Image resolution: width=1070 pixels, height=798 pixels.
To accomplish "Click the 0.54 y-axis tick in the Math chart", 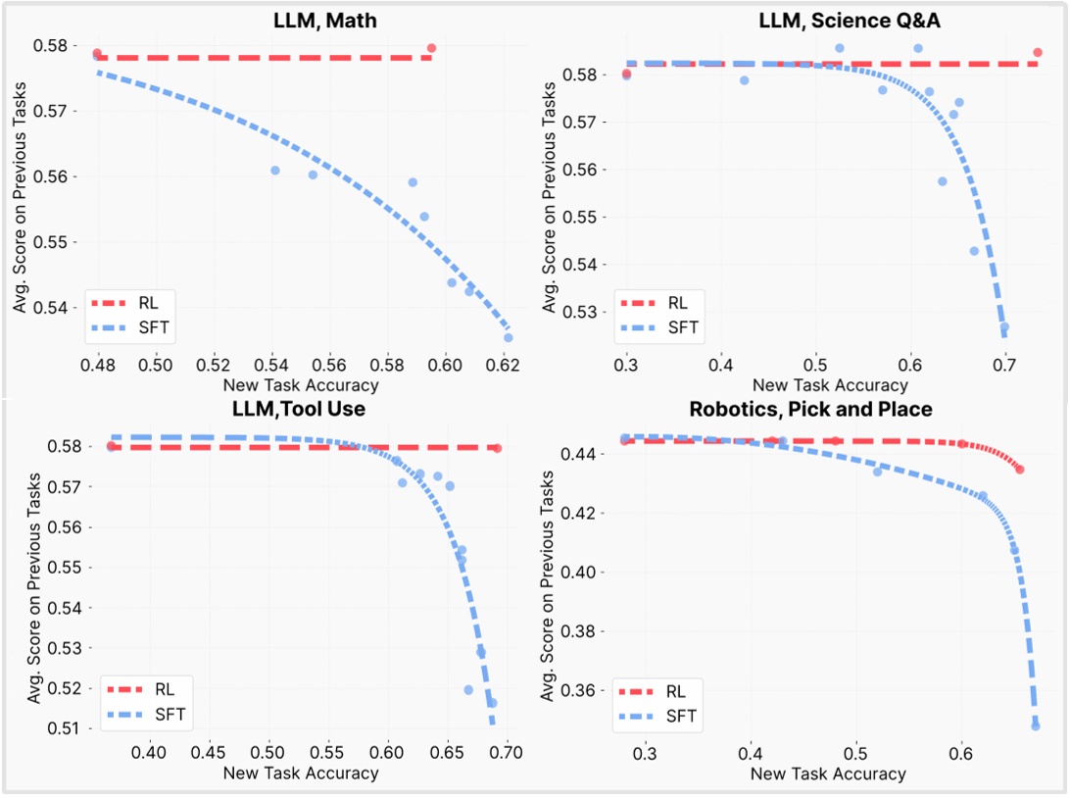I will [63, 308].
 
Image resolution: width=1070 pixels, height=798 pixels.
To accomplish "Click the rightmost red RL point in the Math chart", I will [431, 48].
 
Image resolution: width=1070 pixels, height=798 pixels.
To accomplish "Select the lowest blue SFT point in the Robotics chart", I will [1035, 725].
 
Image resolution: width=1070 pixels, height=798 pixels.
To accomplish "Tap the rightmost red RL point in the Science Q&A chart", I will [1037, 53].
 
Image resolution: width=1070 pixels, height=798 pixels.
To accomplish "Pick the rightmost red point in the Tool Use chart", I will [497, 448].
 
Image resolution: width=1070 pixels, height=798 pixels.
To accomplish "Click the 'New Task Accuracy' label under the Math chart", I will [300, 384].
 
